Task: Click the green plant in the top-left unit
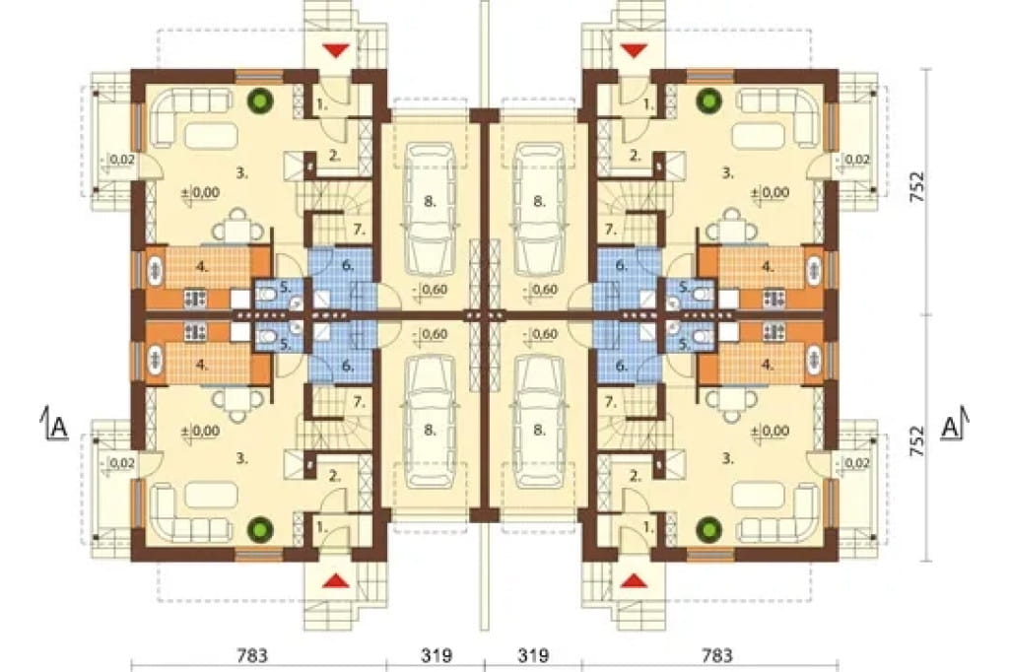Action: coord(261,101)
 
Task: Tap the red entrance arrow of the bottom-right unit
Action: coord(634,580)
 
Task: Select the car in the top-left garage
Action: coord(430,201)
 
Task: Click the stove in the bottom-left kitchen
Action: coord(195,332)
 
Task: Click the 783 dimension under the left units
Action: coord(251,655)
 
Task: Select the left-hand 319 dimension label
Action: coord(437,655)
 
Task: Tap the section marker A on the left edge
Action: coord(57,426)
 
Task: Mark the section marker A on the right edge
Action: coord(954,426)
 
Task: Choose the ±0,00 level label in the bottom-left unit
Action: coord(200,431)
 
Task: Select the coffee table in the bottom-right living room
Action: coord(758,496)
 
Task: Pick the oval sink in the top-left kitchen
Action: coord(157,268)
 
